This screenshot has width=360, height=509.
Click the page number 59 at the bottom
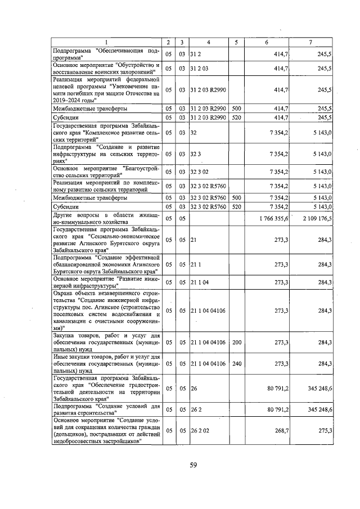click(x=192, y=465)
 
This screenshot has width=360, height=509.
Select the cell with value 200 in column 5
click(x=236, y=341)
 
